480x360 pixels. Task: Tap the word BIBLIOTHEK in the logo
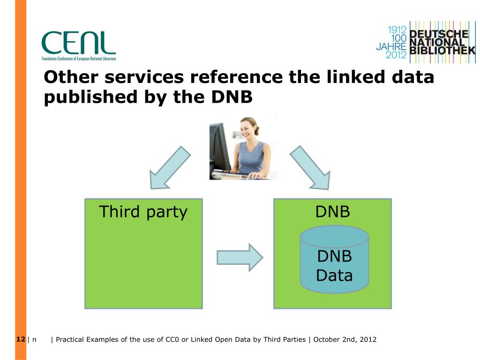[x=442, y=51]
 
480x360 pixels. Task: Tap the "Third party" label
[x=143, y=212]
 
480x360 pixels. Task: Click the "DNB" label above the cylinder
[x=332, y=212]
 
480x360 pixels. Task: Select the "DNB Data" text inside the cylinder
[x=334, y=265]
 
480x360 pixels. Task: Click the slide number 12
[x=20, y=339]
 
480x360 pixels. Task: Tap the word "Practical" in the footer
[x=70, y=339]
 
